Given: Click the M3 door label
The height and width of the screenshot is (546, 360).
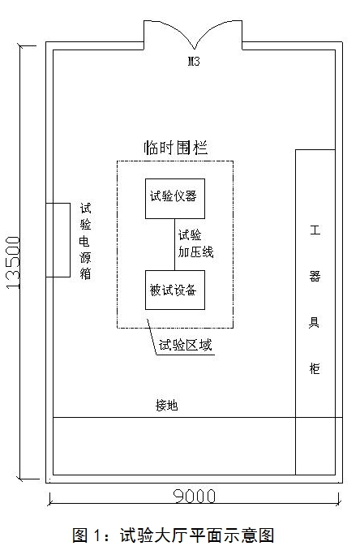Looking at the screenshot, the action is point(194,62).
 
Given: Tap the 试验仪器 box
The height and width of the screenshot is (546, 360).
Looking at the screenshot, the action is point(175,199).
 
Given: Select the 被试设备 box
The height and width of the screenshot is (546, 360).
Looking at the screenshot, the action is point(175,290).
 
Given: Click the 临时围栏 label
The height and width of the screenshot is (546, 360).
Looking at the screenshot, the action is point(176,148).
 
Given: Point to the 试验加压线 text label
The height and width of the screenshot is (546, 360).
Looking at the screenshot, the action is point(195,243).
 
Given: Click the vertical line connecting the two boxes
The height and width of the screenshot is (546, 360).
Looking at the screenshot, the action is point(175,244).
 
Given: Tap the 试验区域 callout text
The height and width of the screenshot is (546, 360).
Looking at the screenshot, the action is point(185,345).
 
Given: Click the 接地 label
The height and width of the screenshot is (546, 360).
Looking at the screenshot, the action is point(167,406).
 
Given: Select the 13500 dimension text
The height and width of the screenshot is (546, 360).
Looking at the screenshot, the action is point(13,263).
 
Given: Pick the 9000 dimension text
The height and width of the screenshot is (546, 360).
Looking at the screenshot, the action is point(195,497).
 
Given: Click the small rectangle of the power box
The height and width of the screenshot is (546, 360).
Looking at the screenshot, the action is point(58,240).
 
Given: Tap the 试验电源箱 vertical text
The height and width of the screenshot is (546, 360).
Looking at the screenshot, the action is point(85,241).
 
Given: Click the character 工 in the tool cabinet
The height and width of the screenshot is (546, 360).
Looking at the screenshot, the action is point(315,230).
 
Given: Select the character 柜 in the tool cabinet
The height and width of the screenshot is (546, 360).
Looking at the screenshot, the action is point(315,368).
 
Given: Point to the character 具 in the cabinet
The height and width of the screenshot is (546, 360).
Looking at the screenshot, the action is point(314,322).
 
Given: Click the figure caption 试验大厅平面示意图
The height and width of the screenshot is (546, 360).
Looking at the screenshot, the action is point(197,535).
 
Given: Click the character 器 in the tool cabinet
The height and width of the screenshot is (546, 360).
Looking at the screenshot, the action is point(315,276).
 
